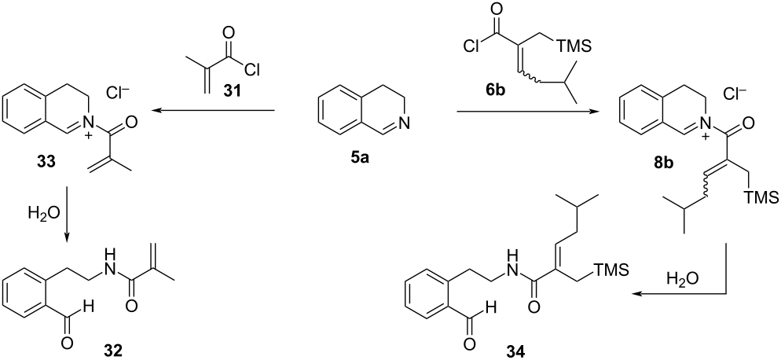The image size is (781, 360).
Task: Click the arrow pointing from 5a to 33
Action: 213,112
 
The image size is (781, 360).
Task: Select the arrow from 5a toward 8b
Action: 518,112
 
